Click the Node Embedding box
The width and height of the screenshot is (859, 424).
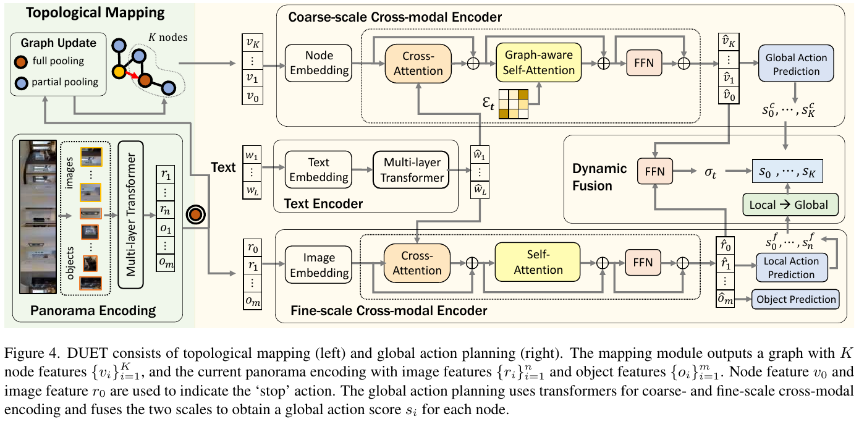point(318,63)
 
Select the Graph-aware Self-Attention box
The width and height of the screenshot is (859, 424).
point(538,62)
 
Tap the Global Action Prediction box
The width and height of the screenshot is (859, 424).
point(796,63)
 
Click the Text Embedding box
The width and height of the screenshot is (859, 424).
point(318,169)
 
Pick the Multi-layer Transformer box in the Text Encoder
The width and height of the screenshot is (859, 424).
point(411,169)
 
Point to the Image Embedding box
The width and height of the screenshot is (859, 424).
point(318,265)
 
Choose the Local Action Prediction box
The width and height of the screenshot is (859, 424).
point(791,268)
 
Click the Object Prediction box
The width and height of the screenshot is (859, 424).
point(795,299)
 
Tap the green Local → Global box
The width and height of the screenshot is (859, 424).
point(790,205)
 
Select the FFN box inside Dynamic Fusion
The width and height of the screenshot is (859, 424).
point(654,171)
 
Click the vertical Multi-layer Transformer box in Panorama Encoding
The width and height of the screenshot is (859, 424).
point(131,214)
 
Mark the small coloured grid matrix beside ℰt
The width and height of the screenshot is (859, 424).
point(514,104)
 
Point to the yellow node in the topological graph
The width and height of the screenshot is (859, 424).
point(119,72)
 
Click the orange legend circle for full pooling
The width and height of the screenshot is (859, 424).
point(21,62)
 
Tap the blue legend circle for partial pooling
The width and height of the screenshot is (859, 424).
point(21,83)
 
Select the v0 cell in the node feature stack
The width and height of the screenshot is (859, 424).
point(252,96)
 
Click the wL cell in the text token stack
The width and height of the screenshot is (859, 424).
point(252,190)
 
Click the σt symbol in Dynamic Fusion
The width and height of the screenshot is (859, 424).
point(710,172)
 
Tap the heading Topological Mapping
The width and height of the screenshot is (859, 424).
point(95,13)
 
